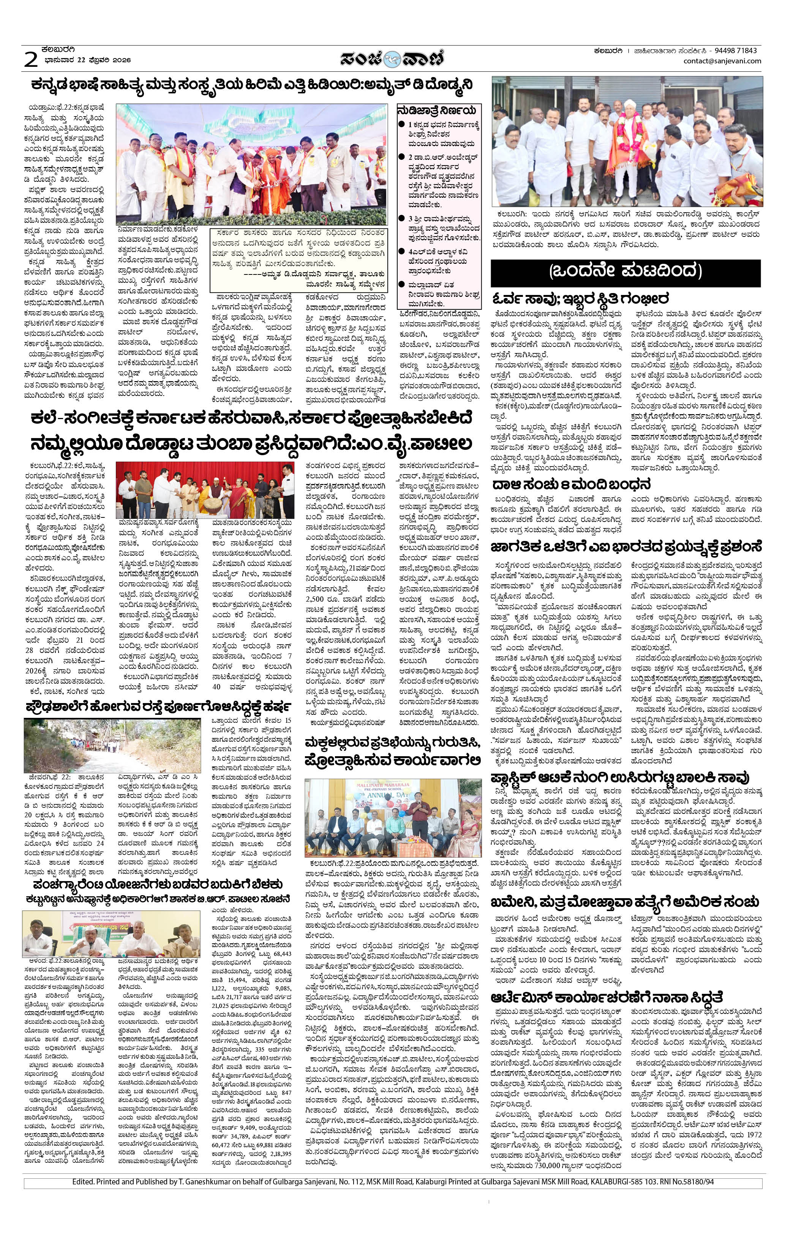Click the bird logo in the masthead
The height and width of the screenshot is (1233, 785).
tap(392, 59)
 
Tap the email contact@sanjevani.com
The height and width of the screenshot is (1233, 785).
tap(722, 61)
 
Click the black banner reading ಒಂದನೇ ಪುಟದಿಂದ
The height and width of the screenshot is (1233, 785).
tap(625, 271)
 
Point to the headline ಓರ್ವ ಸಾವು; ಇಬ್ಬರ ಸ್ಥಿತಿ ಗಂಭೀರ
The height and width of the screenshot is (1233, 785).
tap(581, 298)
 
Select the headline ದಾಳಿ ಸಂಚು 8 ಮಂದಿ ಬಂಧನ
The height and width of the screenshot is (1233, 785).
tap(571, 484)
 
